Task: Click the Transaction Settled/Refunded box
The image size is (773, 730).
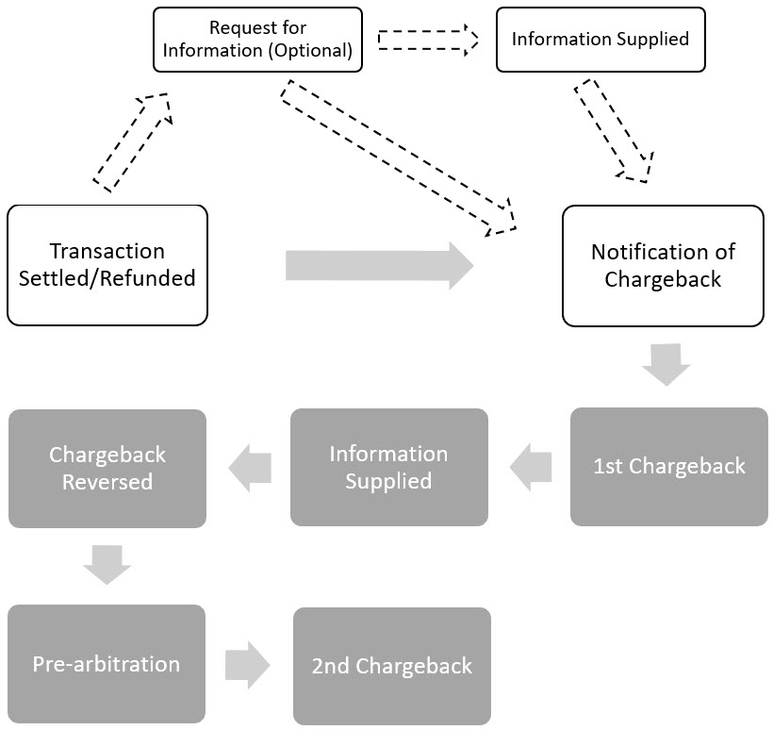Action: coord(107,265)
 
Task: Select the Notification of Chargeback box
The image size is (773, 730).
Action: coord(662,266)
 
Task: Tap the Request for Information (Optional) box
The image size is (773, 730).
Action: coord(257,40)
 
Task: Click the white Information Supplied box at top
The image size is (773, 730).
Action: coord(600,40)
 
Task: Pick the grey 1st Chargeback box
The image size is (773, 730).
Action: coord(668,466)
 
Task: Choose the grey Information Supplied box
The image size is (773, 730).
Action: coord(388,467)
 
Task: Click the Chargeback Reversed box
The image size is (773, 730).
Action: coord(107,468)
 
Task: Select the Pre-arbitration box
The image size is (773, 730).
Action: coord(107,663)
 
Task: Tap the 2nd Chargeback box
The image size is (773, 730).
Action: coord(391,666)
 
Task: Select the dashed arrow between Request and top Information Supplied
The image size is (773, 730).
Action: coord(428,40)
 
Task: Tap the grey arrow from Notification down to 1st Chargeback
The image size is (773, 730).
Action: coord(667,364)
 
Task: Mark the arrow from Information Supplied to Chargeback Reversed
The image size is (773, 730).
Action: coord(249,468)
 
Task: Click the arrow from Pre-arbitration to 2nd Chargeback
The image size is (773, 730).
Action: coord(248,664)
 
